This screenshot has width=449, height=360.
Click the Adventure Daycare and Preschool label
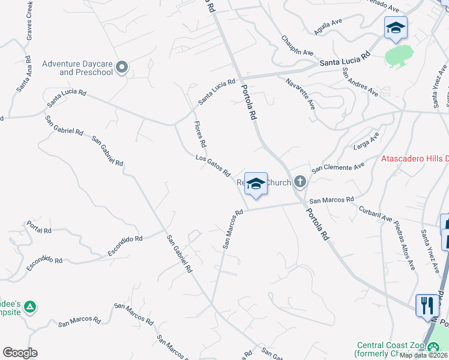point(78,68)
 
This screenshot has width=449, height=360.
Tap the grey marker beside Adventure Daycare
point(122,68)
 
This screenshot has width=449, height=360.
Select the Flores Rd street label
point(200,134)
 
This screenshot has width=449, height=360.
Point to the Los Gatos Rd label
point(213,166)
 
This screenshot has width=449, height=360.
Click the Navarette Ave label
point(301,93)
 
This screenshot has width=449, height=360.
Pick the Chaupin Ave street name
point(297,45)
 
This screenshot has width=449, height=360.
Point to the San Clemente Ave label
point(337,167)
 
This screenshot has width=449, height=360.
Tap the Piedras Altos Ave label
point(405,244)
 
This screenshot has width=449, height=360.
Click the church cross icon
point(300,182)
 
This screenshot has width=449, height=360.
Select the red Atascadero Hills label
point(415,159)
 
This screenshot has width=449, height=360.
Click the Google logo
point(20,353)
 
